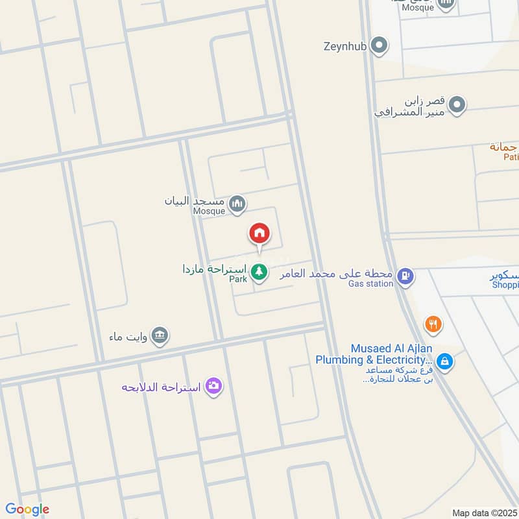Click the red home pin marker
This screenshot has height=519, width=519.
coord(259,234)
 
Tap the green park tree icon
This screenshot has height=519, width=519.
coord(259,272)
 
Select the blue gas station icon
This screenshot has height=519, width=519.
coord(405,276)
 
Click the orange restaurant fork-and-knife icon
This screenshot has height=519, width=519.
coord(433,323)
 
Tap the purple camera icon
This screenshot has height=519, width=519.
coord(213,386)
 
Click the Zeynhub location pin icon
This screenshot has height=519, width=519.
coord(381,46)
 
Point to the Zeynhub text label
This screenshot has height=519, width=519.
coord(345,46)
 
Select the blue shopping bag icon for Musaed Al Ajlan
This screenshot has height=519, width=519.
coord(444,361)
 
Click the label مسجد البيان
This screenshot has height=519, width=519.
coord(195,200)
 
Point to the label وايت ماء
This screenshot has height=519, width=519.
coord(130,337)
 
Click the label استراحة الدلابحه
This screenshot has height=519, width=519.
coord(162,387)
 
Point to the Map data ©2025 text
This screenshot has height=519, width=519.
coord(483,513)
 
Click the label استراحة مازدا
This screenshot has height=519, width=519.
coord(214,269)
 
